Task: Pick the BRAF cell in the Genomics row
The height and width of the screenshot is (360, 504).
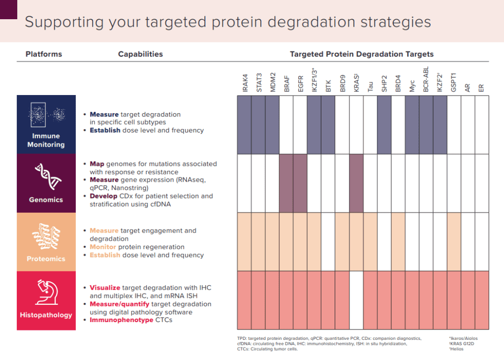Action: [286, 183]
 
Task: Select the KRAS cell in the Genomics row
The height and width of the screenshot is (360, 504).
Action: [356, 183]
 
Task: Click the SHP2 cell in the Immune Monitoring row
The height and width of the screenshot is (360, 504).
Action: [384, 125]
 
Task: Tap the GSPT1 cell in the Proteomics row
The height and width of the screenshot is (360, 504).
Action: [454, 241]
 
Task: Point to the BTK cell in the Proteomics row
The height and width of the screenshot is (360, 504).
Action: [328, 241]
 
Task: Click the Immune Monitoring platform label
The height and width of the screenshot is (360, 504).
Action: [46, 140]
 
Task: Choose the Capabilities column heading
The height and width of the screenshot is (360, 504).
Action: [140, 54]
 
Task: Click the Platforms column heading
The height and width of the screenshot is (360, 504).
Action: [44, 54]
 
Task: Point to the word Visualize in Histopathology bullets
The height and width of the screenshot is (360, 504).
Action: [105, 288]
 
